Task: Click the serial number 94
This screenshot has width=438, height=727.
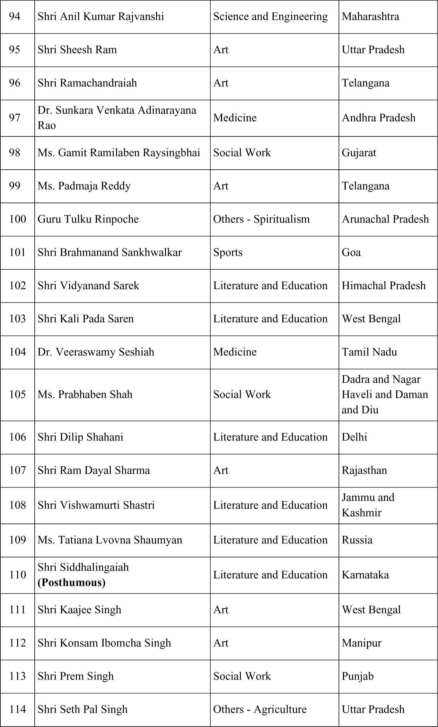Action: pyautogui.click(x=15, y=17)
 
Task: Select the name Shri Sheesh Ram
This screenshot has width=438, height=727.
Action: pyautogui.click(x=77, y=50)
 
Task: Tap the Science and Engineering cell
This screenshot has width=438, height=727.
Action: pyautogui.click(x=270, y=17)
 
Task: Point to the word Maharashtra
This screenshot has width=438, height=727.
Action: pyautogui.click(x=370, y=17)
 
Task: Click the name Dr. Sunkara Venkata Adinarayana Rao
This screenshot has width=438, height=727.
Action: pyautogui.click(x=117, y=118)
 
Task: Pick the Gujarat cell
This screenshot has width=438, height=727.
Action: pyautogui.click(x=359, y=153)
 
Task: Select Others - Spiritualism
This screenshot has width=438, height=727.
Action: pyautogui.click(x=261, y=219)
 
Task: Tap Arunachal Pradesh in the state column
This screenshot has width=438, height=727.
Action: pyautogui.click(x=385, y=219)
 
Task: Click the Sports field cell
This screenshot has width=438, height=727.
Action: pyautogui.click(x=228, y=252)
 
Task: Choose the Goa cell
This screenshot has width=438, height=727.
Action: pyautogui.click(x=351, y=252)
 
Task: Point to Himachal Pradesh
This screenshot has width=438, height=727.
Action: pyautogui.click(x=384, y=286)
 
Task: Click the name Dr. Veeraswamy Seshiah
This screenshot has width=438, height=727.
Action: pyautogui.click(x=96, y=352)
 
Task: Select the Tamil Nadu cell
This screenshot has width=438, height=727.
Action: pyautogui.click(x=369, y=352)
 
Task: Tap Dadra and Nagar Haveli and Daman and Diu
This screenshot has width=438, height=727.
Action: pyautogui.click(x=385, y=395)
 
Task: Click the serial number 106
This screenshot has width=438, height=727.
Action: pyautogui.click(x=18, y=437)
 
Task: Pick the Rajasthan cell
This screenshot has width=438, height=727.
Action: pyautogui.click(x=364, y=470)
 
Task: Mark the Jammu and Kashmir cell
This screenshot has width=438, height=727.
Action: pyautogui.click(x=368, y=505)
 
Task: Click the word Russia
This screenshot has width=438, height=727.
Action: pyautogui.click(x=357, y=540)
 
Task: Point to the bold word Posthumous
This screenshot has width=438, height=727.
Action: pyautogui.click(x=71, y=583)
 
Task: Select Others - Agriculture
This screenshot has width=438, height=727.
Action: pyautogui.click(x=260, y=709)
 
